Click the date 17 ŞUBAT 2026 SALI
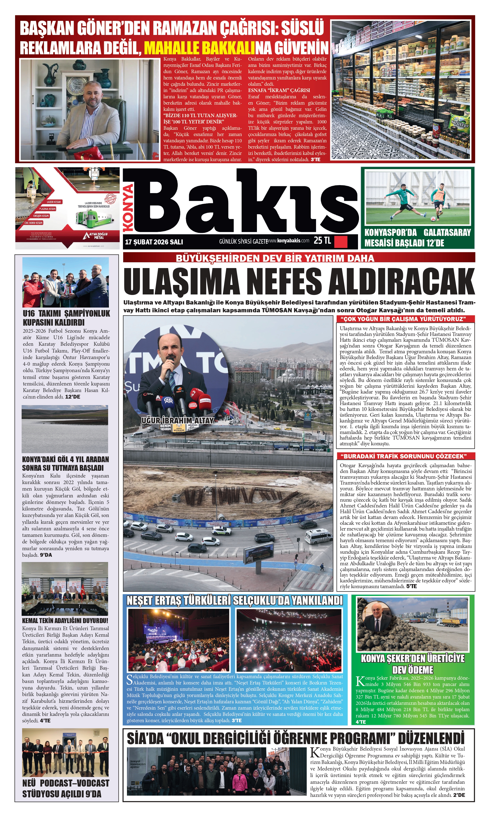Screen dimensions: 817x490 coord(154,242)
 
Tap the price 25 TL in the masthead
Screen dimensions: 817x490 coord(322,241)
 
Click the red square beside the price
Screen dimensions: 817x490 coord(341,242)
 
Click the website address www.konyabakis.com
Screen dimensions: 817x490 coord(288,241)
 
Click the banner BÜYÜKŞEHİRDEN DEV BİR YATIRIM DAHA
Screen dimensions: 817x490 coord(275,258)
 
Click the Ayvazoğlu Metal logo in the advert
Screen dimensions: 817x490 coord(96,235)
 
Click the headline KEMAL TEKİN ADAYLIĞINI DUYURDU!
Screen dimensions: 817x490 coord(65,621)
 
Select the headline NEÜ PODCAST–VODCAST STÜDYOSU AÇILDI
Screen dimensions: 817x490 coord(66,789)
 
